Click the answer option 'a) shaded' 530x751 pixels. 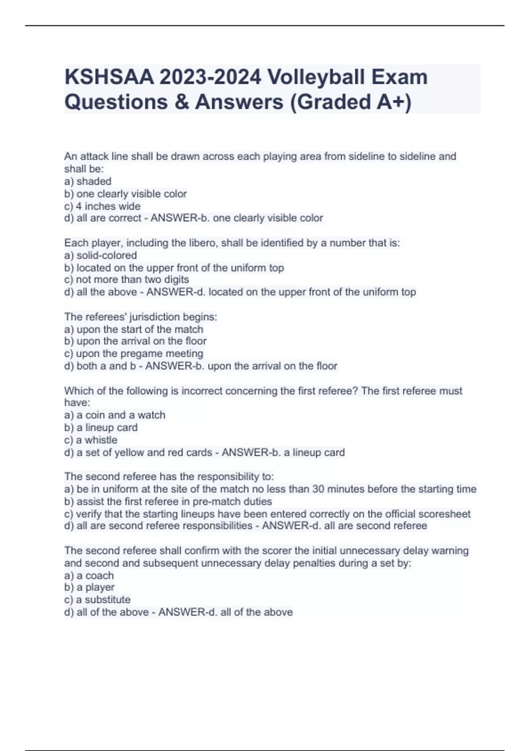88,181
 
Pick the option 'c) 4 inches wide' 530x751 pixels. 102,206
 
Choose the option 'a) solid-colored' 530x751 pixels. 101,255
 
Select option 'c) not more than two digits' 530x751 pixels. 127,280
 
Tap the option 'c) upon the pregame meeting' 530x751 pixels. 134,353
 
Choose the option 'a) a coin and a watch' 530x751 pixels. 115,415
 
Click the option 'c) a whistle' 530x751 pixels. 91,440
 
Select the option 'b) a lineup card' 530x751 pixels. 101,428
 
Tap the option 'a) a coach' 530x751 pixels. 89,576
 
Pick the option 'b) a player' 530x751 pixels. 89,588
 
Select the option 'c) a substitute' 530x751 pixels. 98,600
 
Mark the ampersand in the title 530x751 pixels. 181,102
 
